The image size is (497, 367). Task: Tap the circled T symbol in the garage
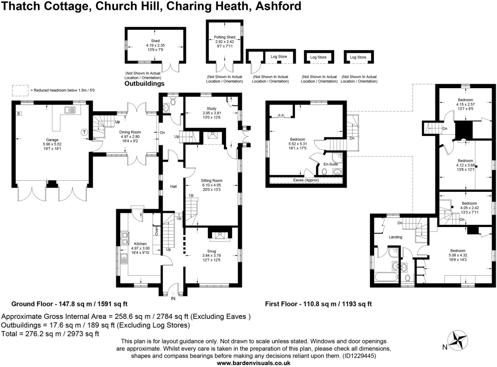[x=84, y=132]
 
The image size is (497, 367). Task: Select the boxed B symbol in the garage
[x=18, y=114]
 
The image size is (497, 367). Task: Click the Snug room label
[x=212, y=251]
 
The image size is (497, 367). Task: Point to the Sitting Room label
[x=212, y=181]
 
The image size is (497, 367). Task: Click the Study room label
[x=212, y=109]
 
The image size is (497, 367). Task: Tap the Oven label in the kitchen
[x=156, y=231]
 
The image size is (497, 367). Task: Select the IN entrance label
[x=173, y=298]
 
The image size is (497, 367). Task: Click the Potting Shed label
[x=225, y=37]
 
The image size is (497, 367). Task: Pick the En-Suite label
[x=330, y=164]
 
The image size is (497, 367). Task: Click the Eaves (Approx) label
[x=306, y=180]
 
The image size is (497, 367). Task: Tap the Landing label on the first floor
[x=395, y=237]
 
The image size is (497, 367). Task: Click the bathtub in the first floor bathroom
[x=386, y=277]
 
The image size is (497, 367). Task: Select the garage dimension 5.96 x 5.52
[x=52, y=144]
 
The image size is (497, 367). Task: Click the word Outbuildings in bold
[x=144, y=83]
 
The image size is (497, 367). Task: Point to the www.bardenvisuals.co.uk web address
[x=253, y=363]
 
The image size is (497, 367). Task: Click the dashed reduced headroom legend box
[x=20, y=90]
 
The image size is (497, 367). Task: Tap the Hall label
[x=173, y=186]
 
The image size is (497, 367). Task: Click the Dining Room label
[x=130, y=132]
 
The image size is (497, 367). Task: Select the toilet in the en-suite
[x=324, y=172]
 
